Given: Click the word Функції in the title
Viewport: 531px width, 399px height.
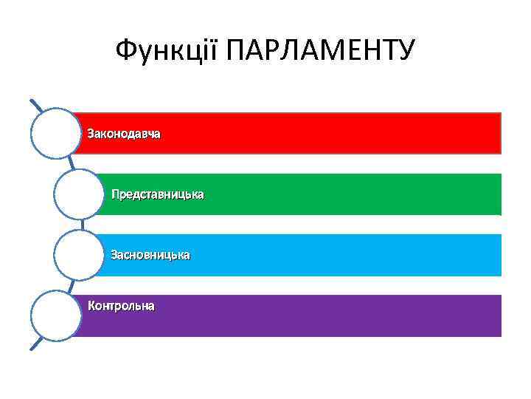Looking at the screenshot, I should coord(168,52).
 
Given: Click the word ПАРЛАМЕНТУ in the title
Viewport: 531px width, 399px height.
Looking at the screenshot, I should coord(322,52).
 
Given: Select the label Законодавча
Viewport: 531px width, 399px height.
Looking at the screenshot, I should coord(124,134).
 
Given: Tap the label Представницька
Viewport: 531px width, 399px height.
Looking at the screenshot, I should coord(157,195).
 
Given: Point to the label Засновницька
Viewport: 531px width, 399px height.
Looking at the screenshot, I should coord(150,255).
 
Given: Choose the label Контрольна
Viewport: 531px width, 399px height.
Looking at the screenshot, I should coord(121,305).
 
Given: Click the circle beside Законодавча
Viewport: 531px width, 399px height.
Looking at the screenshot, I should coord(55,134).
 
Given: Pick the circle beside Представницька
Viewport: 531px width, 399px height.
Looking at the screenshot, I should coord(78,194).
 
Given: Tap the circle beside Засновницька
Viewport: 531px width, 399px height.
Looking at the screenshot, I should coord(78,255).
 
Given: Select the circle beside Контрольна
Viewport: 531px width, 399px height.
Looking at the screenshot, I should coord(55,316).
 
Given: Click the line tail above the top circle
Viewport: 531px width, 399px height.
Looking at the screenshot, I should coord(35,104).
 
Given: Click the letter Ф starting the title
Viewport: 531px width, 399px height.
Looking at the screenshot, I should coord(126,52).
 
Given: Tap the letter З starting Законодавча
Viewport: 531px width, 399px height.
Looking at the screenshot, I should coord(91,134).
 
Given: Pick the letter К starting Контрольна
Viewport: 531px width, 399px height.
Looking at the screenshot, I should coord(92,305).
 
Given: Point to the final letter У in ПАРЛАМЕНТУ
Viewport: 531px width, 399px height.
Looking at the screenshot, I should coord(407,52).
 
